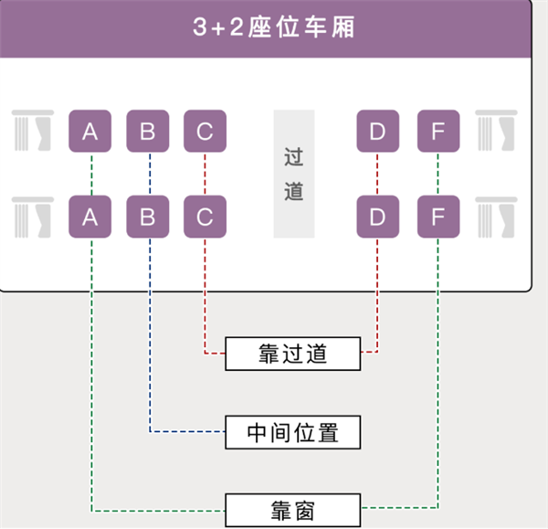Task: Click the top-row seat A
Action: coord(90,132)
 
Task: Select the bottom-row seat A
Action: coord(90,217)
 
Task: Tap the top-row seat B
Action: coord(148,132)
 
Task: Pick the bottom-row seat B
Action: coord(148,217)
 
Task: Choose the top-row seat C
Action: coord(205,132)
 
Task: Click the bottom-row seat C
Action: coord(205,217)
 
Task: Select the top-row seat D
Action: coord(377,132)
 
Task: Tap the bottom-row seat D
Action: coord(377,217)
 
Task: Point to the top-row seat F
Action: coord(437,132)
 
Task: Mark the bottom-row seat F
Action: coord(437,217)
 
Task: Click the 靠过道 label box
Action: coord(293,353)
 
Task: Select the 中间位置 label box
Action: coord(293,431)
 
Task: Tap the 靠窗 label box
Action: coord(293,509)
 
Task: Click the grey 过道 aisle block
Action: coord(293,174)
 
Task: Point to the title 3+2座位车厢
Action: coord(274,27)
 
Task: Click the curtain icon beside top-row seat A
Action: coord(33,131)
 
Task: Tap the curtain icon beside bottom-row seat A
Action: coord(33,217)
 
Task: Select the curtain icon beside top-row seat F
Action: coord(497,131)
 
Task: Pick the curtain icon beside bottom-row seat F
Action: coord(497,217)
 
